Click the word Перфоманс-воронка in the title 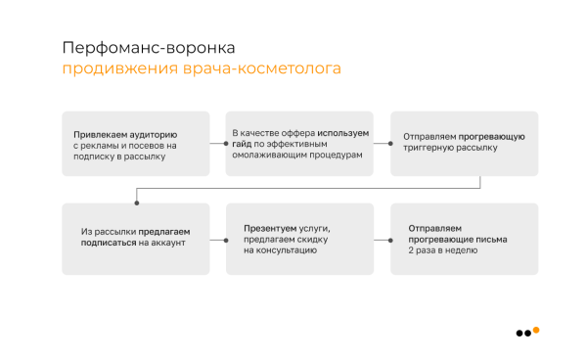click(148, 47)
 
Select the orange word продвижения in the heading click(118, 68)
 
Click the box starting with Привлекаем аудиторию click(135, 144)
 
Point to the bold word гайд click(243, 144)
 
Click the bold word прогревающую click(493, 136)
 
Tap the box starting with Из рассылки click(135, 239)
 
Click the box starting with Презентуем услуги click(299, 239)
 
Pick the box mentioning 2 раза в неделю click(464, 239)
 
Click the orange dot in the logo click(536, 329)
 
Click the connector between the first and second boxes click(217, 144)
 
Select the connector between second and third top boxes click(382, 144)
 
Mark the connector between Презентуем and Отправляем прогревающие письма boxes click(382, 239)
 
